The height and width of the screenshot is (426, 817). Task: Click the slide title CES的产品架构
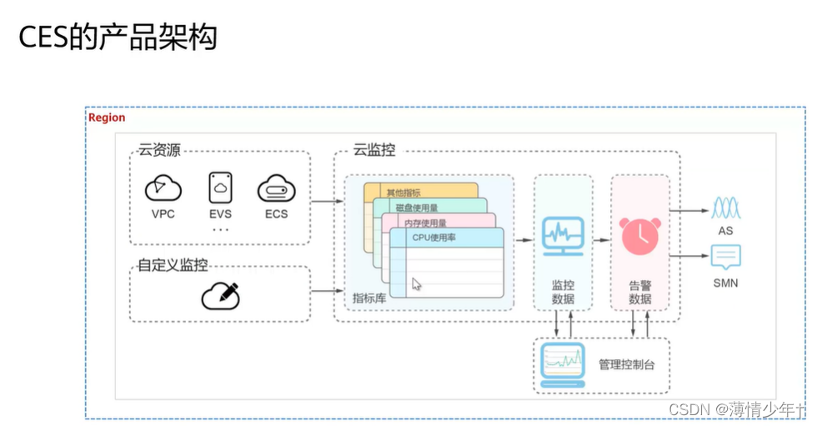118,37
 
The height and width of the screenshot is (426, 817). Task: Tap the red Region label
107,118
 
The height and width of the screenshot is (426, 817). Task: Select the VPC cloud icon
163,188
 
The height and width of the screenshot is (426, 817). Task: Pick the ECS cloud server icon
277,188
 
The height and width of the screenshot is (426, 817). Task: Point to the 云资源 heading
159,151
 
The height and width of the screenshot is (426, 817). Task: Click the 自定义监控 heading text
173,266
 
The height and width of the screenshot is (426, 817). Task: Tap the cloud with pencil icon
220,296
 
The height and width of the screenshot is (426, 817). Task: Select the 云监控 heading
374,151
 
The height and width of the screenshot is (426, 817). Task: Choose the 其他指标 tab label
403,193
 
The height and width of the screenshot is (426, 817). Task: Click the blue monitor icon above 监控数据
563,236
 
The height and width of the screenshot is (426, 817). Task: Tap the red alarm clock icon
640,235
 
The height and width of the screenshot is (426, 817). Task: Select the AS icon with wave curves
725,208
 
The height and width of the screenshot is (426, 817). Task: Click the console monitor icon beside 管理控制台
563,363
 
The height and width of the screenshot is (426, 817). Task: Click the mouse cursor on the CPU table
417,284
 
